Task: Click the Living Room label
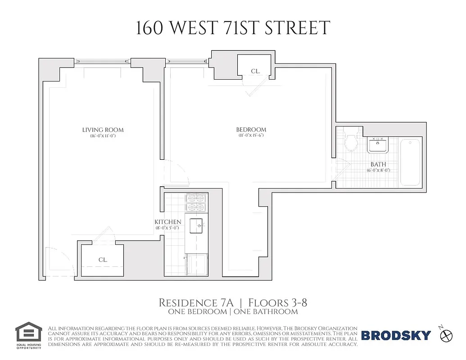pyautogui.click(x=103, y=130)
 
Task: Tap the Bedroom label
pyautogui.click(x=251, y=130)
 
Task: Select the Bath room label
pyautogui.click(x=378, y=165)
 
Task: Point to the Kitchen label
pyautogui.click(x=168, y=222)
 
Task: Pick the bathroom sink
pyautogui.click(x=377, y=145)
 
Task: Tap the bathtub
pyautogui.click(x=410, y=162)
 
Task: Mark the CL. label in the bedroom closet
pyautogui.click(x=256, y=71)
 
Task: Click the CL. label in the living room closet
pyautogui.click(x=103, y=260)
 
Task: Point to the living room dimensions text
pyautogui.click(x=103, y=135)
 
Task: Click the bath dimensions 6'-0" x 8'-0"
pyautogui.click(x=378, y=171)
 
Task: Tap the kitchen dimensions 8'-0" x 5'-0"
pyautogui.click(x=168, y=228)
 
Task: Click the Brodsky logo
pyautogui.click(x=396, y=335)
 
